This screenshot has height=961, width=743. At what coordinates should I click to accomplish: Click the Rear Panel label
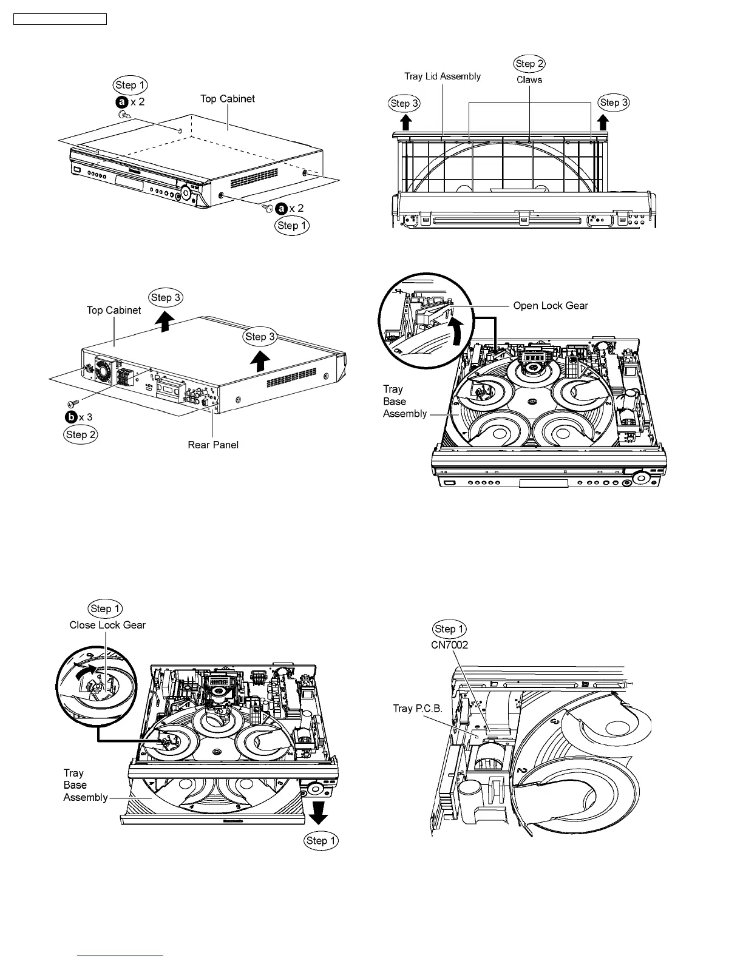click(x=213, y=445)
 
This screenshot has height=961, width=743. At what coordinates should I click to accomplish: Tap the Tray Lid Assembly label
click(x=443, y=76)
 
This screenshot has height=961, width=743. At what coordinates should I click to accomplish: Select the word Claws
click(x=529, y=79)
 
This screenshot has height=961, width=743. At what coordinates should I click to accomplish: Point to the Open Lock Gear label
click(x=551, y=306)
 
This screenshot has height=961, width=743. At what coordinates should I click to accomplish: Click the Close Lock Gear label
click(x=107, y=625)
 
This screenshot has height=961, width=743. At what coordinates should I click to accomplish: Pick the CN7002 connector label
click(x=449, y=645)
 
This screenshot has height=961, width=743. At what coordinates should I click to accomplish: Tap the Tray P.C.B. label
click(x=418, y=709)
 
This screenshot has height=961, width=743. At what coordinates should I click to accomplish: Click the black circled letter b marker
click(x=71, y=417)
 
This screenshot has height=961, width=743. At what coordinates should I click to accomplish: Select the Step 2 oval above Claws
click(x=529, y=64)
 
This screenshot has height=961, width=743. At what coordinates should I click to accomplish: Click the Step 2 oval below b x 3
click(x=81, y=434)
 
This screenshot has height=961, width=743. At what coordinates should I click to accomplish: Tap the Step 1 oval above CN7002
click(x=450, y=629)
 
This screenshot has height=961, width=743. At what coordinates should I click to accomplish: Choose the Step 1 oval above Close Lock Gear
click(x=106, y=609)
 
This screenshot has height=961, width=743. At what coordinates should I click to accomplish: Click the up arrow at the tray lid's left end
click(x=406, y=122)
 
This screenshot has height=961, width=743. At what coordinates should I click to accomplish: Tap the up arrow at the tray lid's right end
click(x=603, y=122)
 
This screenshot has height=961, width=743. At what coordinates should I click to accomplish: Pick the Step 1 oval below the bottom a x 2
click(x=292, y=226)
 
